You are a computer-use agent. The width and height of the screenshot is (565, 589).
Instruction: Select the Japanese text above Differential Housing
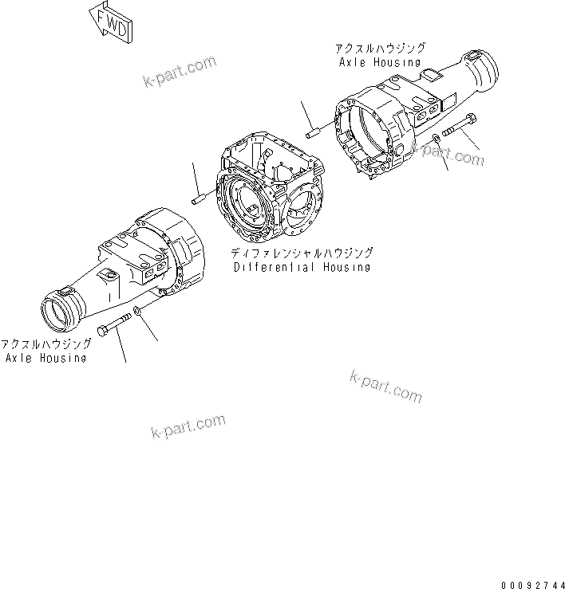coord(301,253)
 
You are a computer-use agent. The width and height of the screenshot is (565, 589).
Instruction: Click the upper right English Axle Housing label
coord(380,61)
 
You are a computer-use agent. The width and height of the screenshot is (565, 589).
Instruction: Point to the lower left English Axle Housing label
coord(45,358)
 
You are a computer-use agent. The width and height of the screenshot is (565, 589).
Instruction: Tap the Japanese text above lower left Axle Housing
coord(45,344)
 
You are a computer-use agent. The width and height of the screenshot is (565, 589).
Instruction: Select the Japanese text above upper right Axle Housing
coord(380,48)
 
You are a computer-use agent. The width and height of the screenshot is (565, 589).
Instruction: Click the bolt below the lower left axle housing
coord(114,328)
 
